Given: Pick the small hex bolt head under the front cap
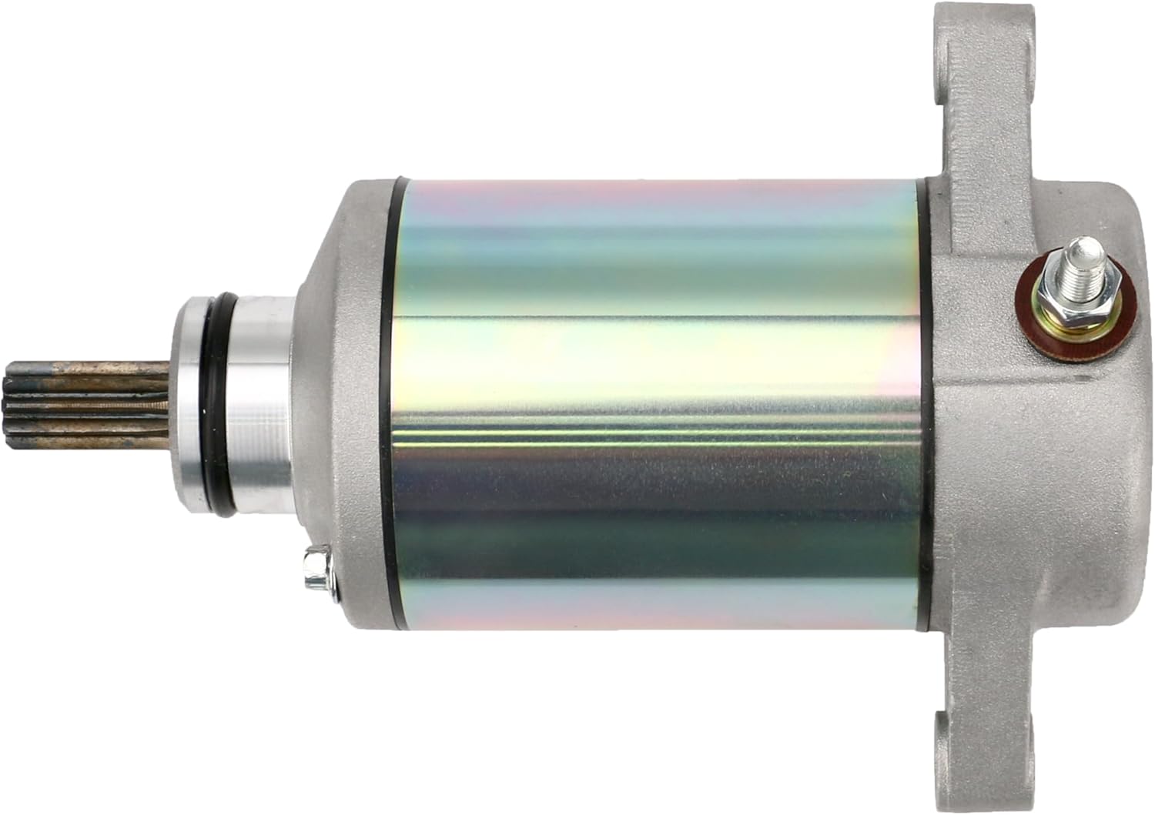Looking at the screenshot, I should [318, 568].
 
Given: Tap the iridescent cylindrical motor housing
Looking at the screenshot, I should [654, 406].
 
